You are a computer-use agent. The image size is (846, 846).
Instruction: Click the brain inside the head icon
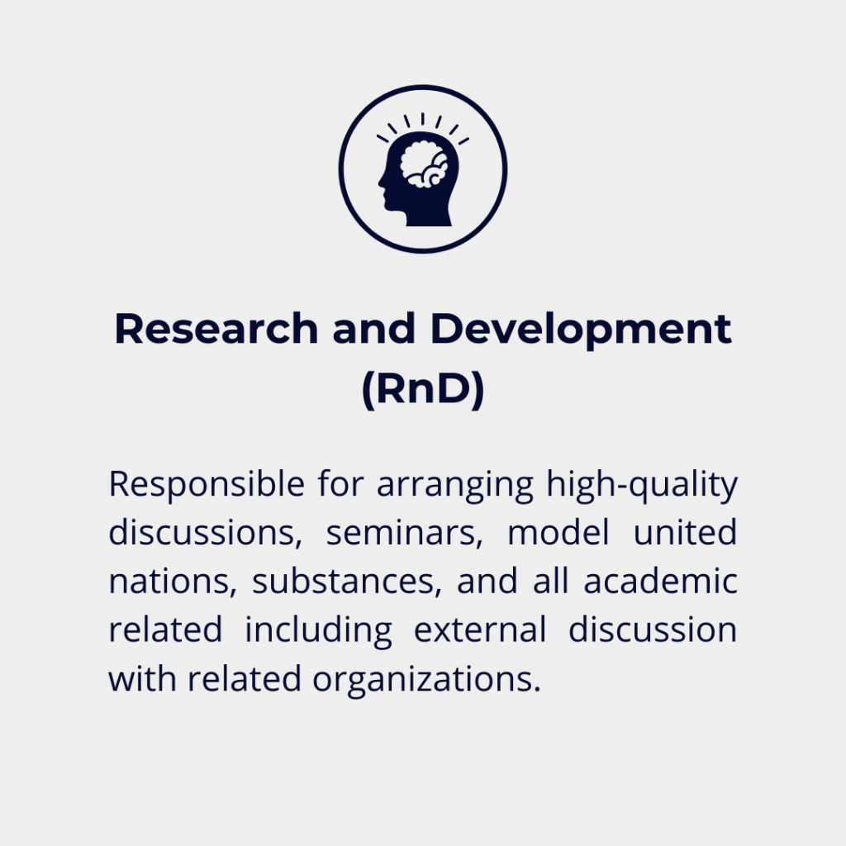(x=424, y=164)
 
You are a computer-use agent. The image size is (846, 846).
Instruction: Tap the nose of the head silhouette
(x=381, y=181)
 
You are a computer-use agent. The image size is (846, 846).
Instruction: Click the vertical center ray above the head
(x=422, y=119)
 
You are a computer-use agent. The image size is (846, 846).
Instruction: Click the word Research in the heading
(x=216, y=329)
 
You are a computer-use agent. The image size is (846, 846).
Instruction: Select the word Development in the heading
(x=581, y=330)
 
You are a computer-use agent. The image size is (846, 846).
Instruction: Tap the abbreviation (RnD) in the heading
(x=423, y=389)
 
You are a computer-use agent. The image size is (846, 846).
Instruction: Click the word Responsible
(x=207, y=485)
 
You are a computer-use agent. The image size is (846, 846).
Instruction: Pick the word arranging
(x=455, y=486)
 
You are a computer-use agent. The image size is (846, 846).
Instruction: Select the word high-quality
(x=642, y=485)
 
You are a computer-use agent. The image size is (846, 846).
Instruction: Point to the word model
(x=558, y=532)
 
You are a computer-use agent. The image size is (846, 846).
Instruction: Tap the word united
(x=685, y=532)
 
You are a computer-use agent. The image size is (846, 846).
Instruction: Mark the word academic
(x=660, y=581)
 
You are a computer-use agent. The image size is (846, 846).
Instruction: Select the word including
(x=318, y=630)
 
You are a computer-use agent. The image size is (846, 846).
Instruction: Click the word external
(x=480, y=630)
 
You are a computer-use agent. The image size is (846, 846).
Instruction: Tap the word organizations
(x=427, y=680)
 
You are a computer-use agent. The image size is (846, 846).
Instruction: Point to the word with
(x=142, y=677)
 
